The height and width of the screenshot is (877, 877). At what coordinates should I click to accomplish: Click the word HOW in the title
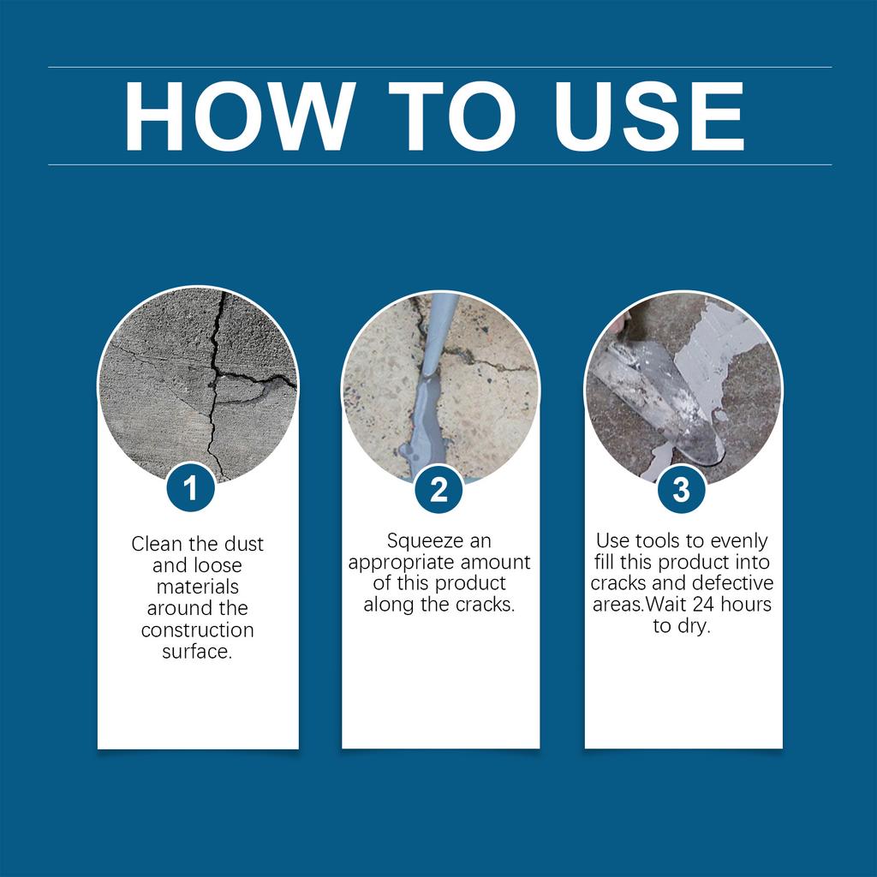(237, 117)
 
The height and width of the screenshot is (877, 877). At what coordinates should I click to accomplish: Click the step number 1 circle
(190, 489)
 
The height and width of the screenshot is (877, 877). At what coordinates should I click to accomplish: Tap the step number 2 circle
(438, 489)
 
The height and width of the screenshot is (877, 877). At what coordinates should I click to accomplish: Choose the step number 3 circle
(681, 489)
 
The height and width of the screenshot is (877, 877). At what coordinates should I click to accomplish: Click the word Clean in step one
(157, 544)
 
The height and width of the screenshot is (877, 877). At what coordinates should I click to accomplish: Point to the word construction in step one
(197, 630)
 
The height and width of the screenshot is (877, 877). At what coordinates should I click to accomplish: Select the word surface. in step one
(197, 652)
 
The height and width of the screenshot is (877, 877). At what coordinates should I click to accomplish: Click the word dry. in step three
(694, 626)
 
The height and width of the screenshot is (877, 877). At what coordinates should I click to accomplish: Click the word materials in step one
(197, 588)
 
